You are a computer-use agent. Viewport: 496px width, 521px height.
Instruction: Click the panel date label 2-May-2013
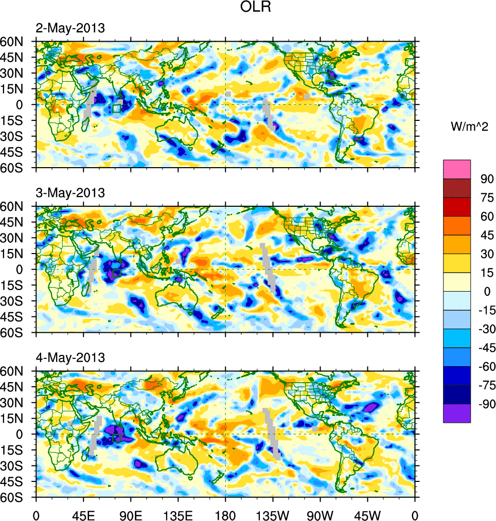[70, 28]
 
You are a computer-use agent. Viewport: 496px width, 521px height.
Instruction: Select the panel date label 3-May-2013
[70, 193]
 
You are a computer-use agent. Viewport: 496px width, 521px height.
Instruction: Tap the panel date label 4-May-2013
[70, 357]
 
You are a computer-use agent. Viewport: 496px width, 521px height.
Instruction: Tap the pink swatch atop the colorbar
[457, 169]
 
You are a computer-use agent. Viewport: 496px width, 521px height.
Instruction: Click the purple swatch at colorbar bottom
[457, 413]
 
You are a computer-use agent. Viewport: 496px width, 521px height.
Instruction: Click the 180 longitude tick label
[225, 514]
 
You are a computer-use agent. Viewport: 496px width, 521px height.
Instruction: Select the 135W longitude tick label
[273, 514]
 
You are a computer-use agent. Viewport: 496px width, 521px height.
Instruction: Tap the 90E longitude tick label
[130, 514]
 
